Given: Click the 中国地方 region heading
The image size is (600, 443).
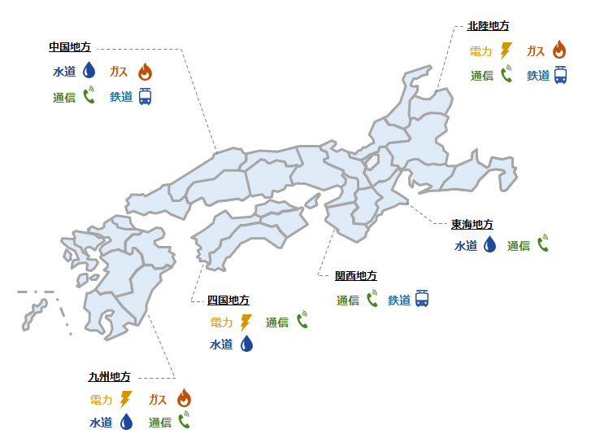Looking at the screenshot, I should (69, 46).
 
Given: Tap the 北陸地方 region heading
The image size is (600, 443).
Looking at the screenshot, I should (489, 26).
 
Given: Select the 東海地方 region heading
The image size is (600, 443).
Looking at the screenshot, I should (472, 224).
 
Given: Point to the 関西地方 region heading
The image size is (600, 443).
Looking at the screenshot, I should (356, 276).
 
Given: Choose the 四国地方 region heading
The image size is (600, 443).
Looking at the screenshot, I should (228, 300).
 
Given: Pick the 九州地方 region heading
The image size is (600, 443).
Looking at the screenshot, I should (109, 377).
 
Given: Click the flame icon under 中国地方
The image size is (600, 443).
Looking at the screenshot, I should (145, 72).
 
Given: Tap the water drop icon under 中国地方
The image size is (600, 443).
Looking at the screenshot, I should (89, 72).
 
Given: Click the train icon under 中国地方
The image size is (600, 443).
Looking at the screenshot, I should (145, 97).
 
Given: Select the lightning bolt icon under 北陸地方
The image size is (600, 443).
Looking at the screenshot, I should (506, 50).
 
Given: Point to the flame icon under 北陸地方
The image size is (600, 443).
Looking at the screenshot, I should (559, 50).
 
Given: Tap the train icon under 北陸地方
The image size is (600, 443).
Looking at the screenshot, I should (560, 75).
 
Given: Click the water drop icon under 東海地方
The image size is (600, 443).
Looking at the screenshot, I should (489, 244).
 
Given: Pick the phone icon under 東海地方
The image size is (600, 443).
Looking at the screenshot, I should (542, 243).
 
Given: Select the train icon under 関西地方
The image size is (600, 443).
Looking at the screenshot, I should (421, 299).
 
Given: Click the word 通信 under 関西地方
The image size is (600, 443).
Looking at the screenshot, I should (348, 300).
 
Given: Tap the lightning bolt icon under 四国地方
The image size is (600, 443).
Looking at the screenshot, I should (246, 322).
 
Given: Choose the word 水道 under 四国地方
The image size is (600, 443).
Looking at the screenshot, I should (221, 344).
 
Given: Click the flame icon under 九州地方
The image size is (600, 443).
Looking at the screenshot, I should (184, 399).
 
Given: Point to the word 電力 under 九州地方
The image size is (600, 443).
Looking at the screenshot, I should (102, 400).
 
